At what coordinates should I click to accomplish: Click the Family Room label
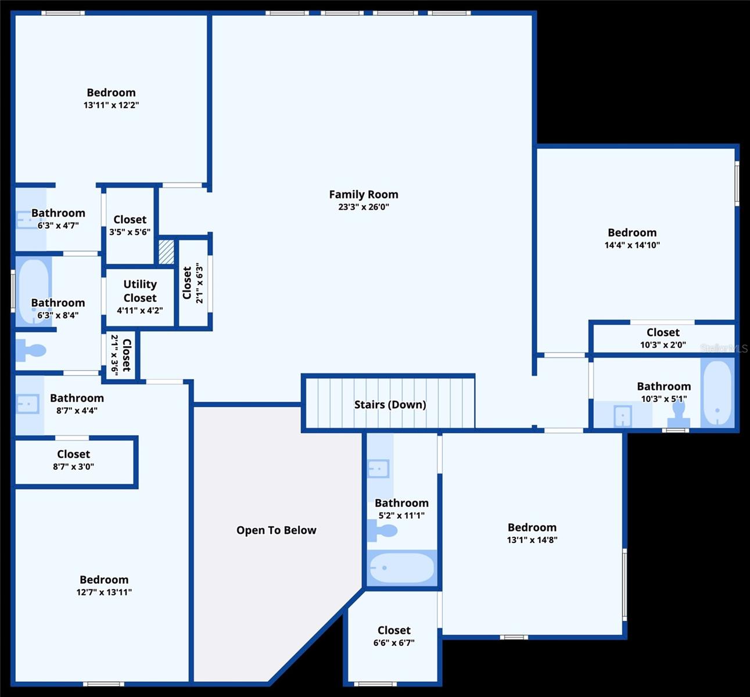click(363, 195)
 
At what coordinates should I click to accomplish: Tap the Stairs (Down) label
click(390, 404)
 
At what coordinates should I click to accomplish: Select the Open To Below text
click(276, 530)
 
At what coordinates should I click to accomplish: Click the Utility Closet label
click(140, 291)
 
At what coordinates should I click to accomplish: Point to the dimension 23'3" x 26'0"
click(363, 207)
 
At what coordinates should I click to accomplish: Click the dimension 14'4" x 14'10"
click(632, 245)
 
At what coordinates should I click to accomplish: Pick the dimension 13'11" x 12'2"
click(111, 105)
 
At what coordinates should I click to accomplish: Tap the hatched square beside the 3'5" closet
click(166, 252)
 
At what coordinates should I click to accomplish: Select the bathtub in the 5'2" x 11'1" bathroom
click(402, 567)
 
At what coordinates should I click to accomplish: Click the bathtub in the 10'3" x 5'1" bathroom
click(717, 393)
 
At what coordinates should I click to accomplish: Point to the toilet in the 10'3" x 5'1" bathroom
click(678, 414)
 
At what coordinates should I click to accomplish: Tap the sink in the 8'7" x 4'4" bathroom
click(27, 404)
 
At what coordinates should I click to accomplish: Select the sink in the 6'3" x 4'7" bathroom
click(26, 220)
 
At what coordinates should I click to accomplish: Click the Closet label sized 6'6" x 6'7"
click(394, 630)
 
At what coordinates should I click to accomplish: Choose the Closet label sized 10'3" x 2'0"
click(663, 332)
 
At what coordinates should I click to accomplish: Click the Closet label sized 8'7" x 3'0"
click(73, 454)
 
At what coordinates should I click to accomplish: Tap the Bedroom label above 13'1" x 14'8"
click(532, 527)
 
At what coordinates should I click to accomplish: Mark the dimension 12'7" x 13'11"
click(104, 592)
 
